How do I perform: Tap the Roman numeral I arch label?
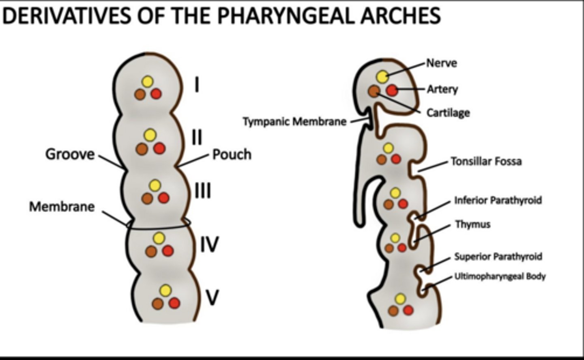click(197, 85)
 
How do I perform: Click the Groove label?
click(70, 154)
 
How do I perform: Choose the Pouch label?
click(232, 154)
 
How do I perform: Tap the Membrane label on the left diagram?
click(62, 207)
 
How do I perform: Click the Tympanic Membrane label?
click(295, 121)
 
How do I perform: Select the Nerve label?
click(441, 63)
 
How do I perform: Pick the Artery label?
click(442, 89)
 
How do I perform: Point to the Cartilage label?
click(448, 112)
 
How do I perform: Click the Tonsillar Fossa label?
click(486, 161)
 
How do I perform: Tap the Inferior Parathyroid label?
click(498, 200)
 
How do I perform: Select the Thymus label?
click(472, 224)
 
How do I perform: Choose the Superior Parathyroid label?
click(498, 257)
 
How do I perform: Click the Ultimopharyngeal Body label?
click(500, 276)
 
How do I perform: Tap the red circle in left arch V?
click(174, 303)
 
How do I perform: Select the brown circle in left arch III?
click(147, 198)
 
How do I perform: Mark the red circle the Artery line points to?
click(392, 91)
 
